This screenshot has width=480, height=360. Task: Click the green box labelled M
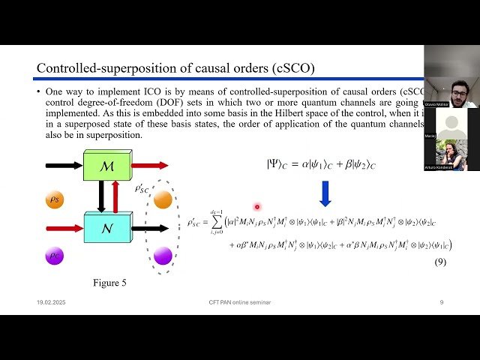coord(106,166)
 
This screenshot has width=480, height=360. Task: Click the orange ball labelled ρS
coord(55,199)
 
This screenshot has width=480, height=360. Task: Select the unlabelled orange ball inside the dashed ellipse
coord(163,199)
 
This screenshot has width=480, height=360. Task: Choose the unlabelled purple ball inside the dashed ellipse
coord(163,256)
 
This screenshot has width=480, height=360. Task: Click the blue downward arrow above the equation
coord(324,193)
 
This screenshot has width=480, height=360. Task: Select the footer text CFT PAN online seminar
coord(240,302)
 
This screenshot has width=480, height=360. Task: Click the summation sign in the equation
coord(216,221)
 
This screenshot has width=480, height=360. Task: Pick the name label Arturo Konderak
coord(441,168)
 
